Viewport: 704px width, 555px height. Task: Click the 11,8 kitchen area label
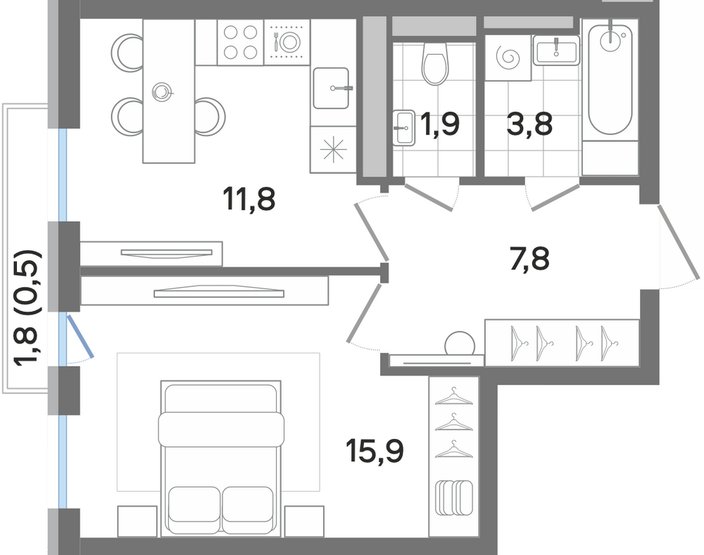click(249, 199)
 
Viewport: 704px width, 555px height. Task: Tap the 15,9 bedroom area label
click(375, 452)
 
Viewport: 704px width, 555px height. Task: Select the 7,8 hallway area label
click(530, 259)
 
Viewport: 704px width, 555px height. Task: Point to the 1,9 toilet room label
click(439, 124)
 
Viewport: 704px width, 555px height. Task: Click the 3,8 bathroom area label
click(529, 124)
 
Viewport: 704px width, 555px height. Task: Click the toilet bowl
click(435, 63)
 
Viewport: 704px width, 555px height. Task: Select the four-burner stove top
click(240, 42)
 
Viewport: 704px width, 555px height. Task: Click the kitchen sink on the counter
click(332, 88)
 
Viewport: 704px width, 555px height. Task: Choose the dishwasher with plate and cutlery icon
click(287, 42)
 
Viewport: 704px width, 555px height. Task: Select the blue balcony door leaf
click(81, 336)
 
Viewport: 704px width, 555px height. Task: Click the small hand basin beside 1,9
click(403, 128)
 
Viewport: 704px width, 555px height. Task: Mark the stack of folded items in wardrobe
click(454, 497)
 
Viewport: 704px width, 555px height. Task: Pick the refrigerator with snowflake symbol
click(333, 149)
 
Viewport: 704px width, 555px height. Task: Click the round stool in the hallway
click(459, 344)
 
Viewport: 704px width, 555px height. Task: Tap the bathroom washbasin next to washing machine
click(557, 50)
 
